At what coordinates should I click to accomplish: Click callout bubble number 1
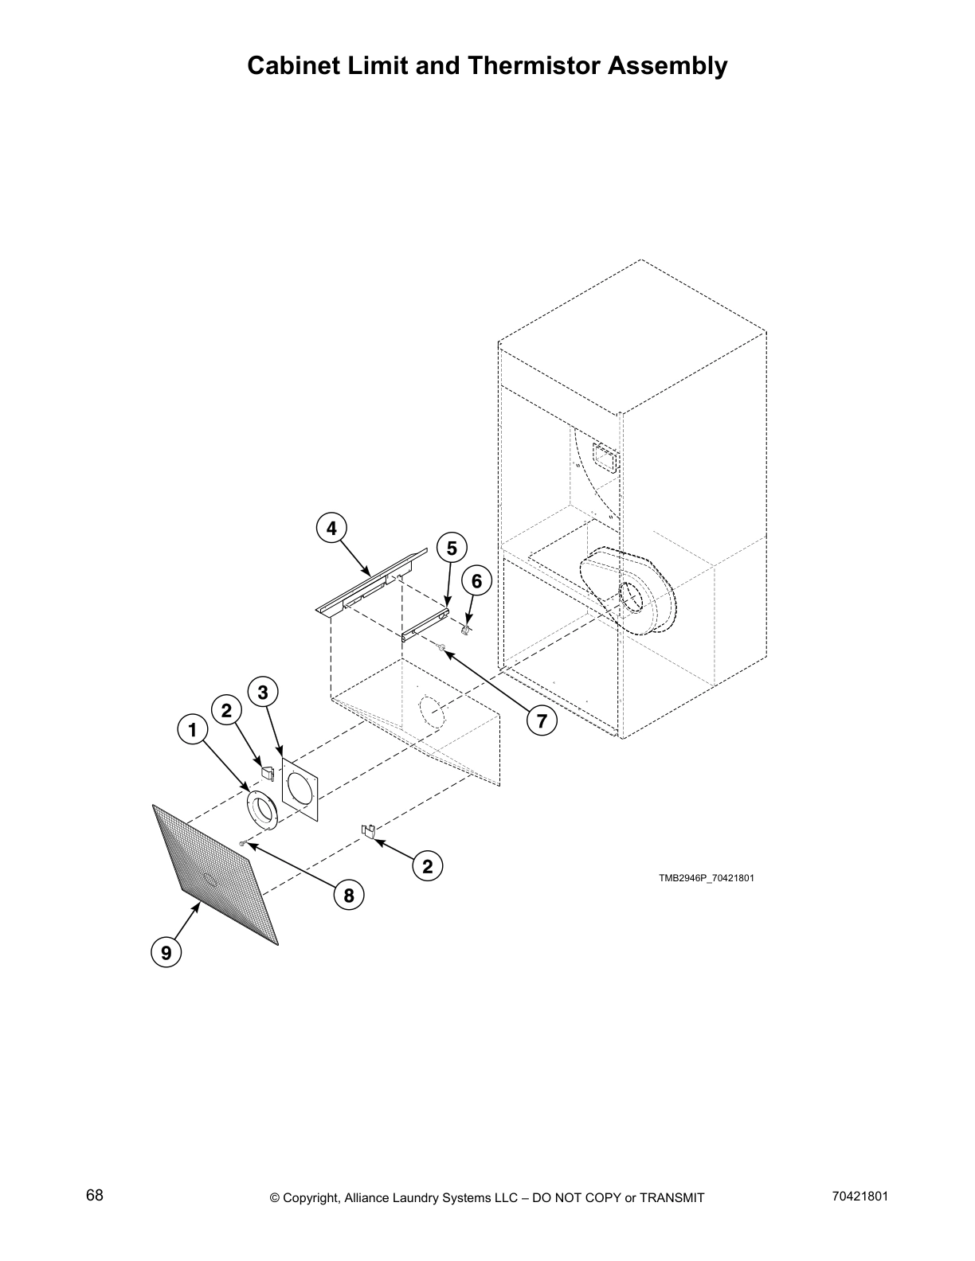click(x=192, y=729)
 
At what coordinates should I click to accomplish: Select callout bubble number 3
click(x=263, y=692)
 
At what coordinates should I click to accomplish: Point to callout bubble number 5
click(x=452, y=548)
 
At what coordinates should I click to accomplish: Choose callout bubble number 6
click(x=476, y=581)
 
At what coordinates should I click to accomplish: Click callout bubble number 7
click(x=542, y=721)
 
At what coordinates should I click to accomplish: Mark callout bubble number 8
click(x=349, y=896)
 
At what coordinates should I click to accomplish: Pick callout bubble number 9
click(x=166, y=952)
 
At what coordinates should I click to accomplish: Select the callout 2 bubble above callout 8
click(x=428, y=866)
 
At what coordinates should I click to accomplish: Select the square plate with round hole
click(x=300, y=790)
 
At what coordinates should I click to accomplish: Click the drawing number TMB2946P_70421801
click(x=706, y=878)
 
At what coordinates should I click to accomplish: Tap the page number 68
click(x=94, y=1195)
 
